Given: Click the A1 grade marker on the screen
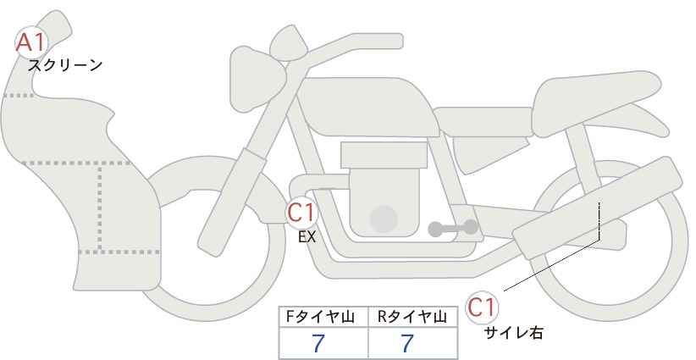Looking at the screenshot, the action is click(30, 42).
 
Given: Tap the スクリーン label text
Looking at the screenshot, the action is click(65, 66).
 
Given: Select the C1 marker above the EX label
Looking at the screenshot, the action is click(301, 212).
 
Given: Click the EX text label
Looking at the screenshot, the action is click(307, 237).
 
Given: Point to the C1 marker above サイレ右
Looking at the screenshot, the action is click(482, 307).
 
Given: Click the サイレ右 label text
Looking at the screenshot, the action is click(514, 333).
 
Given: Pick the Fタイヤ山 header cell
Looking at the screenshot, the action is click(323, 317).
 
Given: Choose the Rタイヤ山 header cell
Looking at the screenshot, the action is click(413, 317).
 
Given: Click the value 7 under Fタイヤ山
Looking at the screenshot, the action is click(318, 343).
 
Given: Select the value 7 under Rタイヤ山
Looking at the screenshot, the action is click(407, 343).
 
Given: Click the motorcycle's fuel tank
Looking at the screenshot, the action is click(367, 106).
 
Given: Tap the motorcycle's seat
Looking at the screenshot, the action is click(594, 103).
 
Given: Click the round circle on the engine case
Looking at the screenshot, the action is click(384, 219).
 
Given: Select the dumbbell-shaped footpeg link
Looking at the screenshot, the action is click(453, 228).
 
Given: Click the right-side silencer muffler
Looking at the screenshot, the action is click(598, 208).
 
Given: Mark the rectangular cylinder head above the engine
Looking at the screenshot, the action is click(384, 155).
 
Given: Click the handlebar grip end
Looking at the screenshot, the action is click(390, 42).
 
